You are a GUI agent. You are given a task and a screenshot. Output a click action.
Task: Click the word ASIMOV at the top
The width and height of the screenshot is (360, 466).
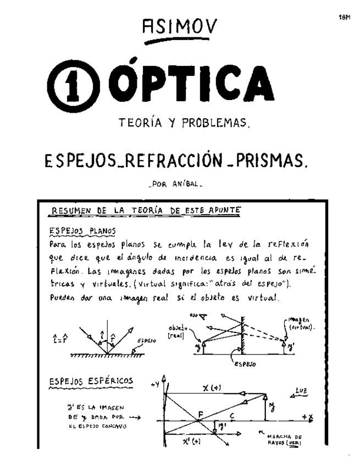(x=179, y=26)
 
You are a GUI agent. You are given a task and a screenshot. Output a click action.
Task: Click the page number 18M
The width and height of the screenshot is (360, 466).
(x=345, y=18)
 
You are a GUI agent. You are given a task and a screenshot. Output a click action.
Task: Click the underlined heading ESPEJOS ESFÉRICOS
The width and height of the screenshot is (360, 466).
(x=91, y=380)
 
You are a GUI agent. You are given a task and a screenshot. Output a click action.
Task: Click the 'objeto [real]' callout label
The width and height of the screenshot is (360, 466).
(x=178, y=331)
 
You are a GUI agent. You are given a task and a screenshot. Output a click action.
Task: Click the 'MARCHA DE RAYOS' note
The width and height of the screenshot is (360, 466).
(x=283, y=440)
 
